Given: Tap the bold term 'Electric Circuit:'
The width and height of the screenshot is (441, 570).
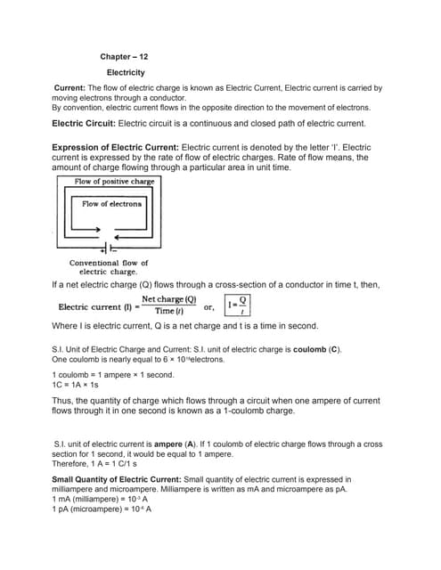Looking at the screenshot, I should pos(84,123).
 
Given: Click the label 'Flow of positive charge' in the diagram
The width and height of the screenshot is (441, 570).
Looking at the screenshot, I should pos(114,182).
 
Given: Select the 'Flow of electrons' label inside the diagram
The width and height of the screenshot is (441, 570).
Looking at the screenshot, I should pos(111,204).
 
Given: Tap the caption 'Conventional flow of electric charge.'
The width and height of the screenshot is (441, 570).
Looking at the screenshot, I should pos(109,267).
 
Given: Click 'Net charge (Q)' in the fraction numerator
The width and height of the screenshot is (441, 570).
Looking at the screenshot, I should pos(169,300).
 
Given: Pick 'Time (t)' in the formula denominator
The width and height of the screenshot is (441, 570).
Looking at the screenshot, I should pos(169,311).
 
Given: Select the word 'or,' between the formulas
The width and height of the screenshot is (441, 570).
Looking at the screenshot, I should pos(209,306).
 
